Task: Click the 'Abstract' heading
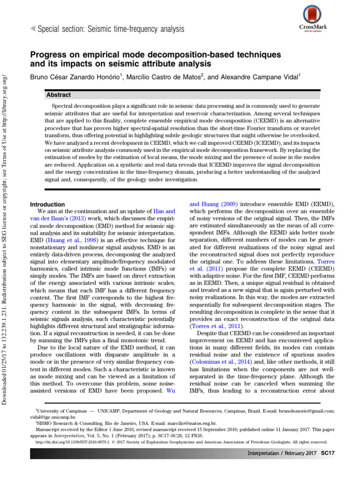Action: tap(59, 95)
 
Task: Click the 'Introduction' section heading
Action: tap(47, 204)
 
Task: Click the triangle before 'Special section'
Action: tap(32, 30)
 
